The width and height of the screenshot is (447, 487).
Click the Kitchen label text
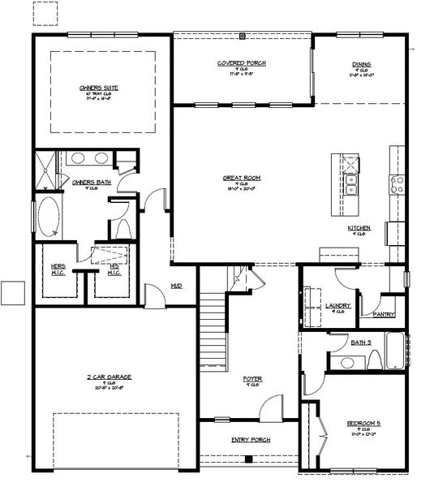[x=359, y=228]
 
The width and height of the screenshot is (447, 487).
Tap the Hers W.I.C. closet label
[x=58, y=269]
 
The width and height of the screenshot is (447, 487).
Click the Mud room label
[x=176, y=286]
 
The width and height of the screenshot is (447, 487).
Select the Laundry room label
[x=338, y=306]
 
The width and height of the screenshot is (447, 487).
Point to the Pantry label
[x=383, y=313]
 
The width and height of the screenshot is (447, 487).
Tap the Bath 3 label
[x=362, y=343]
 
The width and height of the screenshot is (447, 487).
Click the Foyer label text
[x=252, y=379]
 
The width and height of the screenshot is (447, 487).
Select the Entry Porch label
[x=251, y=439]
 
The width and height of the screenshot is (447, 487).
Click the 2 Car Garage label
[x=110, y=377]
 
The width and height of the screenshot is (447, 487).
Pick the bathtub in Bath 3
[x=395, y=350]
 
